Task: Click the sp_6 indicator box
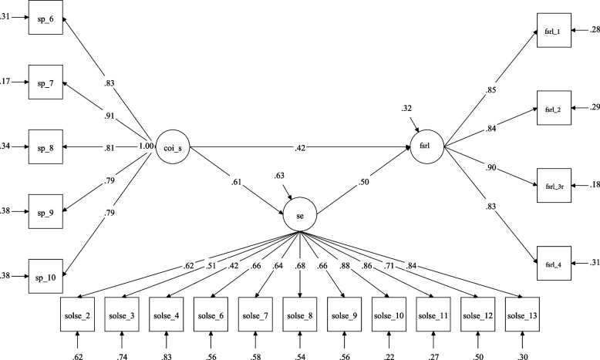pos(45,19)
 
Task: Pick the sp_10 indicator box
pos(45,274)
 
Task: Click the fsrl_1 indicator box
pos(551,30)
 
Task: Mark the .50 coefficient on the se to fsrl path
pos(364,182)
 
